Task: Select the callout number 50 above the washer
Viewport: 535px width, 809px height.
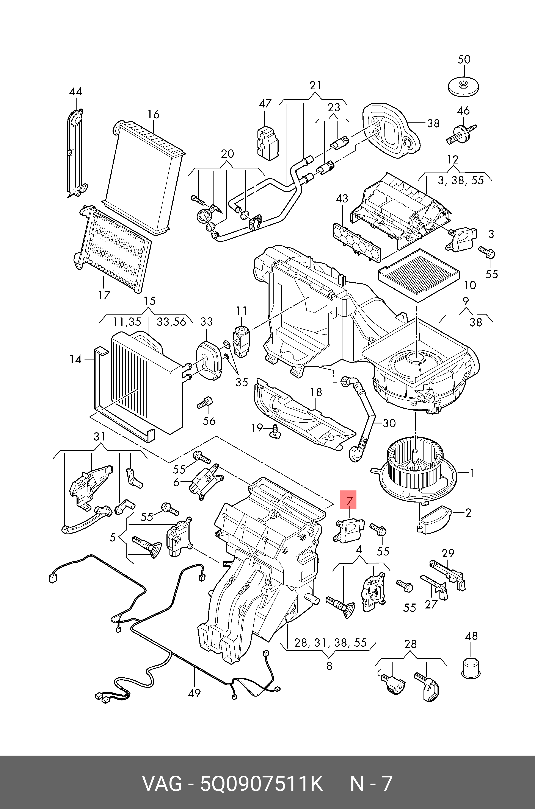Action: point(464,60)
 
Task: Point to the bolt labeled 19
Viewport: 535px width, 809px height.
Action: point(275,430)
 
